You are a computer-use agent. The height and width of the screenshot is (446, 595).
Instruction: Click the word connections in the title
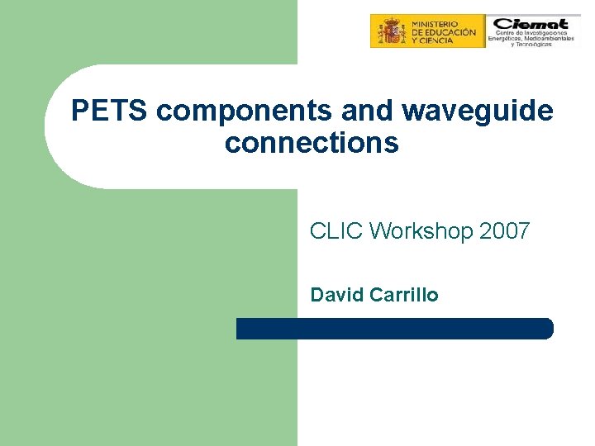(312, 143)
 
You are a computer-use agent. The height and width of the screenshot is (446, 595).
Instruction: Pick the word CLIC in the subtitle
(336, 231)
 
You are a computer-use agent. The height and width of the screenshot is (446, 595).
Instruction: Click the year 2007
(503, 231)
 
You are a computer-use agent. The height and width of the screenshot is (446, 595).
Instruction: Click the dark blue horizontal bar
(394, 329)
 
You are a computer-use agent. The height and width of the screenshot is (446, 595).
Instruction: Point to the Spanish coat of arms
(389, 31)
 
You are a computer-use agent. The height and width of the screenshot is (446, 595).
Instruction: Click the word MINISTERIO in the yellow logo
(439, 21)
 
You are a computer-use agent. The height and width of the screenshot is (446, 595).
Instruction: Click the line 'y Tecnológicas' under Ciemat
(531, 45)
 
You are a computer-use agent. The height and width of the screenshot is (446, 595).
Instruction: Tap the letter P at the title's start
(79, 111)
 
